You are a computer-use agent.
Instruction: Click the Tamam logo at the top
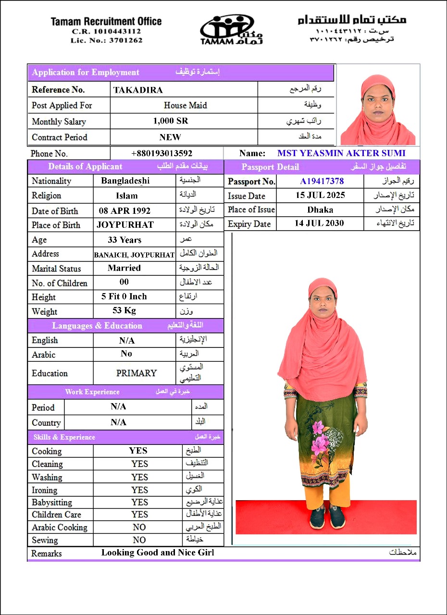(x=231, y=29)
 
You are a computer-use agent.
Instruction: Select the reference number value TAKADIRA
(x=138, y=90)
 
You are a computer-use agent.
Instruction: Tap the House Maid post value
(x=185, y=105)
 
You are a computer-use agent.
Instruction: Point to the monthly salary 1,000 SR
(x=171, y=121)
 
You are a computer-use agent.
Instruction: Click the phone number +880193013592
(x=161, y=154)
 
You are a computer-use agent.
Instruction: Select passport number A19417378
(x=322, y=181)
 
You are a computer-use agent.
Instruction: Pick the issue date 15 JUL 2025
(x=320, y=196)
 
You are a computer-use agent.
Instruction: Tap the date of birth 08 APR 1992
(x=124, y=210)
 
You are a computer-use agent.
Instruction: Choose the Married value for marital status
(x=124, y=268)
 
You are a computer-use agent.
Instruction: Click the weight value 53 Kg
(x=124, y=310)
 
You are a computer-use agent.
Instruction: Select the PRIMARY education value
(x=137, y=373)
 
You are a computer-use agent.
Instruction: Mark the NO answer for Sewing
(x=139, y=540)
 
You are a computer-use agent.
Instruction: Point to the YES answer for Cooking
(x=138, y=451)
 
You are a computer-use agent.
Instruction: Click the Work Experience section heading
(x=92, y=392)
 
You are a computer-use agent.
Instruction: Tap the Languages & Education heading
(x=97, y=326)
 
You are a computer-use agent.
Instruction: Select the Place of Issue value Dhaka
(x=320, y=209)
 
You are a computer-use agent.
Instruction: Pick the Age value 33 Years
(x=124, y=239)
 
